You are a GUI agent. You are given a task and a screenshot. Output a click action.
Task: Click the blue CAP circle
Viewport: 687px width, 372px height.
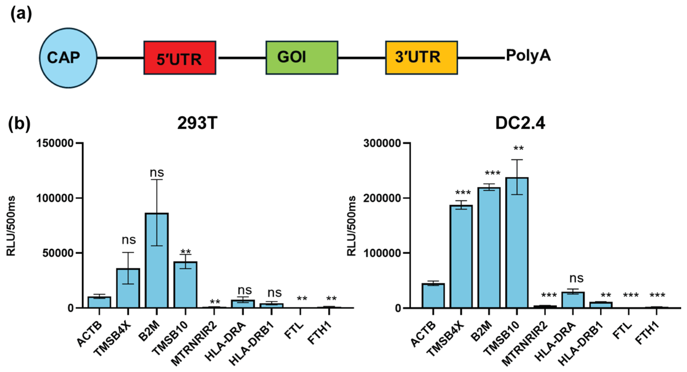[x=68, y=58]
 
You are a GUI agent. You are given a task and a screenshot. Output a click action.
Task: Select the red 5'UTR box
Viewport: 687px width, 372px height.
[x=180, y=58]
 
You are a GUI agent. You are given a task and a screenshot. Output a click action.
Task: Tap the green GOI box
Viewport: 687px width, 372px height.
[x=302, y=58]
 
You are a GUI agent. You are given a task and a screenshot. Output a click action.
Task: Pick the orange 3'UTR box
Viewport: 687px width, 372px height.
[x=421, y=58]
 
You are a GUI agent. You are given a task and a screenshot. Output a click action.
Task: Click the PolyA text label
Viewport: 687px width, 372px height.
[x=528, y=55]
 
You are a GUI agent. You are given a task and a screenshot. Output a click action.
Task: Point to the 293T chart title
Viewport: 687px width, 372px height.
[x=197, y=123]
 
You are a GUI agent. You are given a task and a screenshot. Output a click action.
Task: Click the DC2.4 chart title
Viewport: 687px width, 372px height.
[x=520, y=123]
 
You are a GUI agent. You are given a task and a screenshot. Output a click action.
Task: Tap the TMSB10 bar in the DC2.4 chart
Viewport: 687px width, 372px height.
[x=517, y=243]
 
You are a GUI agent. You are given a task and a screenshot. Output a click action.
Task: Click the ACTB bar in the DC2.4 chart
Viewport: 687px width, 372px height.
[x=433, y=296]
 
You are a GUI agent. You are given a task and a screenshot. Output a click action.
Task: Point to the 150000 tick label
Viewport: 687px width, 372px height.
[x=55, y=143]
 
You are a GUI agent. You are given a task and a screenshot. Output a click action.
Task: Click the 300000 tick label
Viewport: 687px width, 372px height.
[x=382, y=143]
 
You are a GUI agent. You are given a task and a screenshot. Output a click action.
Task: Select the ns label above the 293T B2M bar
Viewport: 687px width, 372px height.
[x=157, y=173]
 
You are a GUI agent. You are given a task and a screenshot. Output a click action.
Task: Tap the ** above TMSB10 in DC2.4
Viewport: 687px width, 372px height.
[x=518, y=149]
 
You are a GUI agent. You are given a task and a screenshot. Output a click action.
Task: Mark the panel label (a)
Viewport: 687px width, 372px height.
[x=21, y=14]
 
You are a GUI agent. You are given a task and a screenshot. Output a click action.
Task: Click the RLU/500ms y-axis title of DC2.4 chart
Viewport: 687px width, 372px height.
[x=351, y=226]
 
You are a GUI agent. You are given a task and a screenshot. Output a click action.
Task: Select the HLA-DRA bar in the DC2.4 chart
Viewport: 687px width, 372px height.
[x=573, y=300]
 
